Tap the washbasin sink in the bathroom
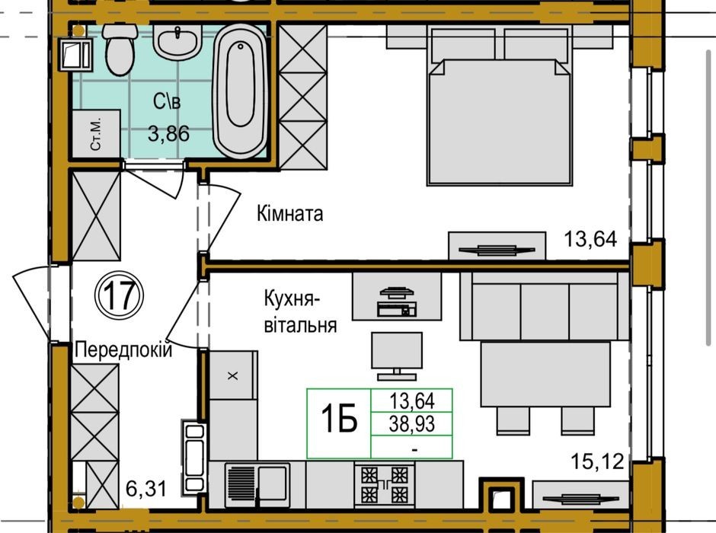click(x=177, y=42)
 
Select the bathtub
click(x=240, y=91)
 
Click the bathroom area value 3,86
click(x=168, y=134)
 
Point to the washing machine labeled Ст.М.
click(x=96, y=134)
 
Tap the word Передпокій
click(x=123, y=350)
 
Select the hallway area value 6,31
click(x=145, y=490)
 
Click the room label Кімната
click(x=290, y=213)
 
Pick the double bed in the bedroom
click(x=500, y=107)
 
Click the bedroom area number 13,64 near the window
click(x=590, y=238)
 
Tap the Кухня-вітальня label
click(x=300, y=313)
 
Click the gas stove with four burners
click(x=385, y=484)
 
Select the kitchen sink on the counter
click(x=257, y=485)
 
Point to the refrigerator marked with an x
click(x=233, y=375)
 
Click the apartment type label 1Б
click(x=339, y=420)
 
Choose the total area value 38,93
click(x=412, y=424)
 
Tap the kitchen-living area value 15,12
click(x=597, y=462)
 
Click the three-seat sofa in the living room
click(x=545, y=306)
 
